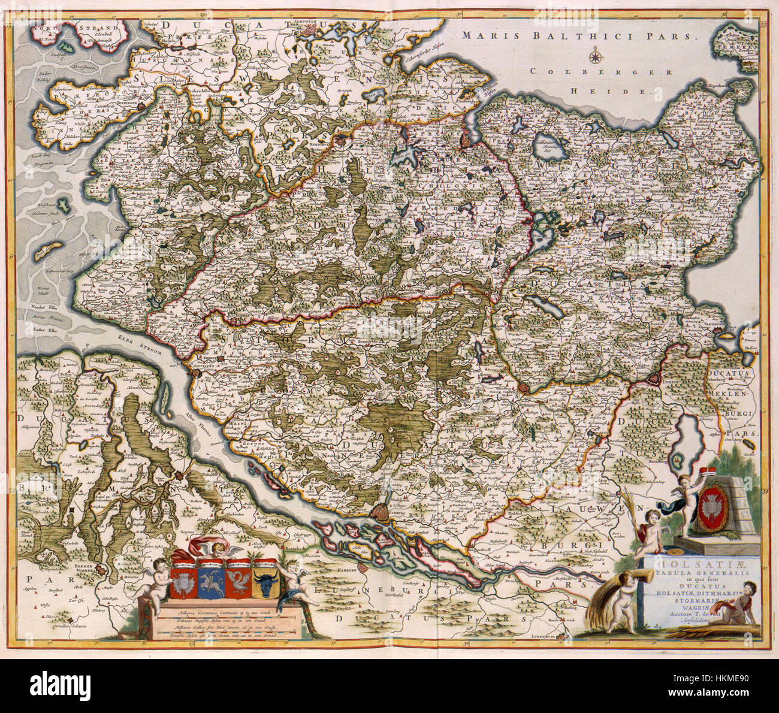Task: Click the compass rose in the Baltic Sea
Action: click(596, 58)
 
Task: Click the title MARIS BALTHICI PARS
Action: click(580, 35)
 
